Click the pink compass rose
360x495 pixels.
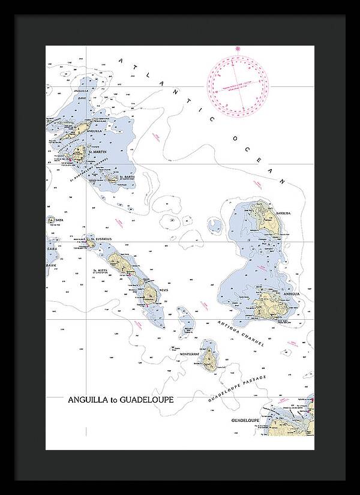coord(238,84)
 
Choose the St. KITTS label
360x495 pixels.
coord(99,271)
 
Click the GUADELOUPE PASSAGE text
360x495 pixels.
coord(237,389)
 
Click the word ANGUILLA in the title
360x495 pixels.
coord(88,399)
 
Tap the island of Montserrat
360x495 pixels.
coord(209,358)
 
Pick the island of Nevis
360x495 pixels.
coord(149,294)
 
